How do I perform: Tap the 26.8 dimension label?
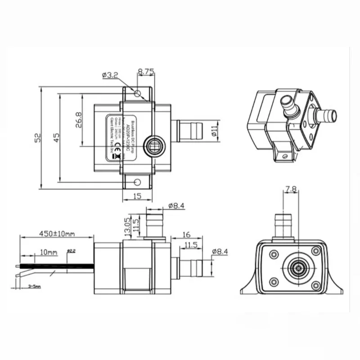[x=78, y=120]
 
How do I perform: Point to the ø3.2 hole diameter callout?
[x=110, y=75]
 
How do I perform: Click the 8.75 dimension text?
[x=146, y=71]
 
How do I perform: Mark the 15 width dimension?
[x=138, y=196]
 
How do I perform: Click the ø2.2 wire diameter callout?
[x=71, y=251]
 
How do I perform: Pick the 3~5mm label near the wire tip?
[x=34, y=286]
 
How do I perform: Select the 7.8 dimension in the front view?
[x=291, y=190]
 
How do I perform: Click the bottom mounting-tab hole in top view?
[x=137, y=182]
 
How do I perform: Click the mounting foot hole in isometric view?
[x=284, y=156]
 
